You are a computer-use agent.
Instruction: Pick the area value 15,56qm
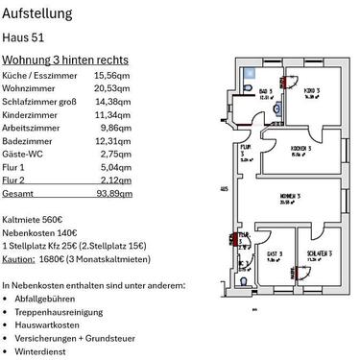[x=112, y=74]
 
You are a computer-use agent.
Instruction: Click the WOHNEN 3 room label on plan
[x=291, y=195]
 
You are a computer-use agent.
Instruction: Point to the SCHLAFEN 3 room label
[x=317, y=255]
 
